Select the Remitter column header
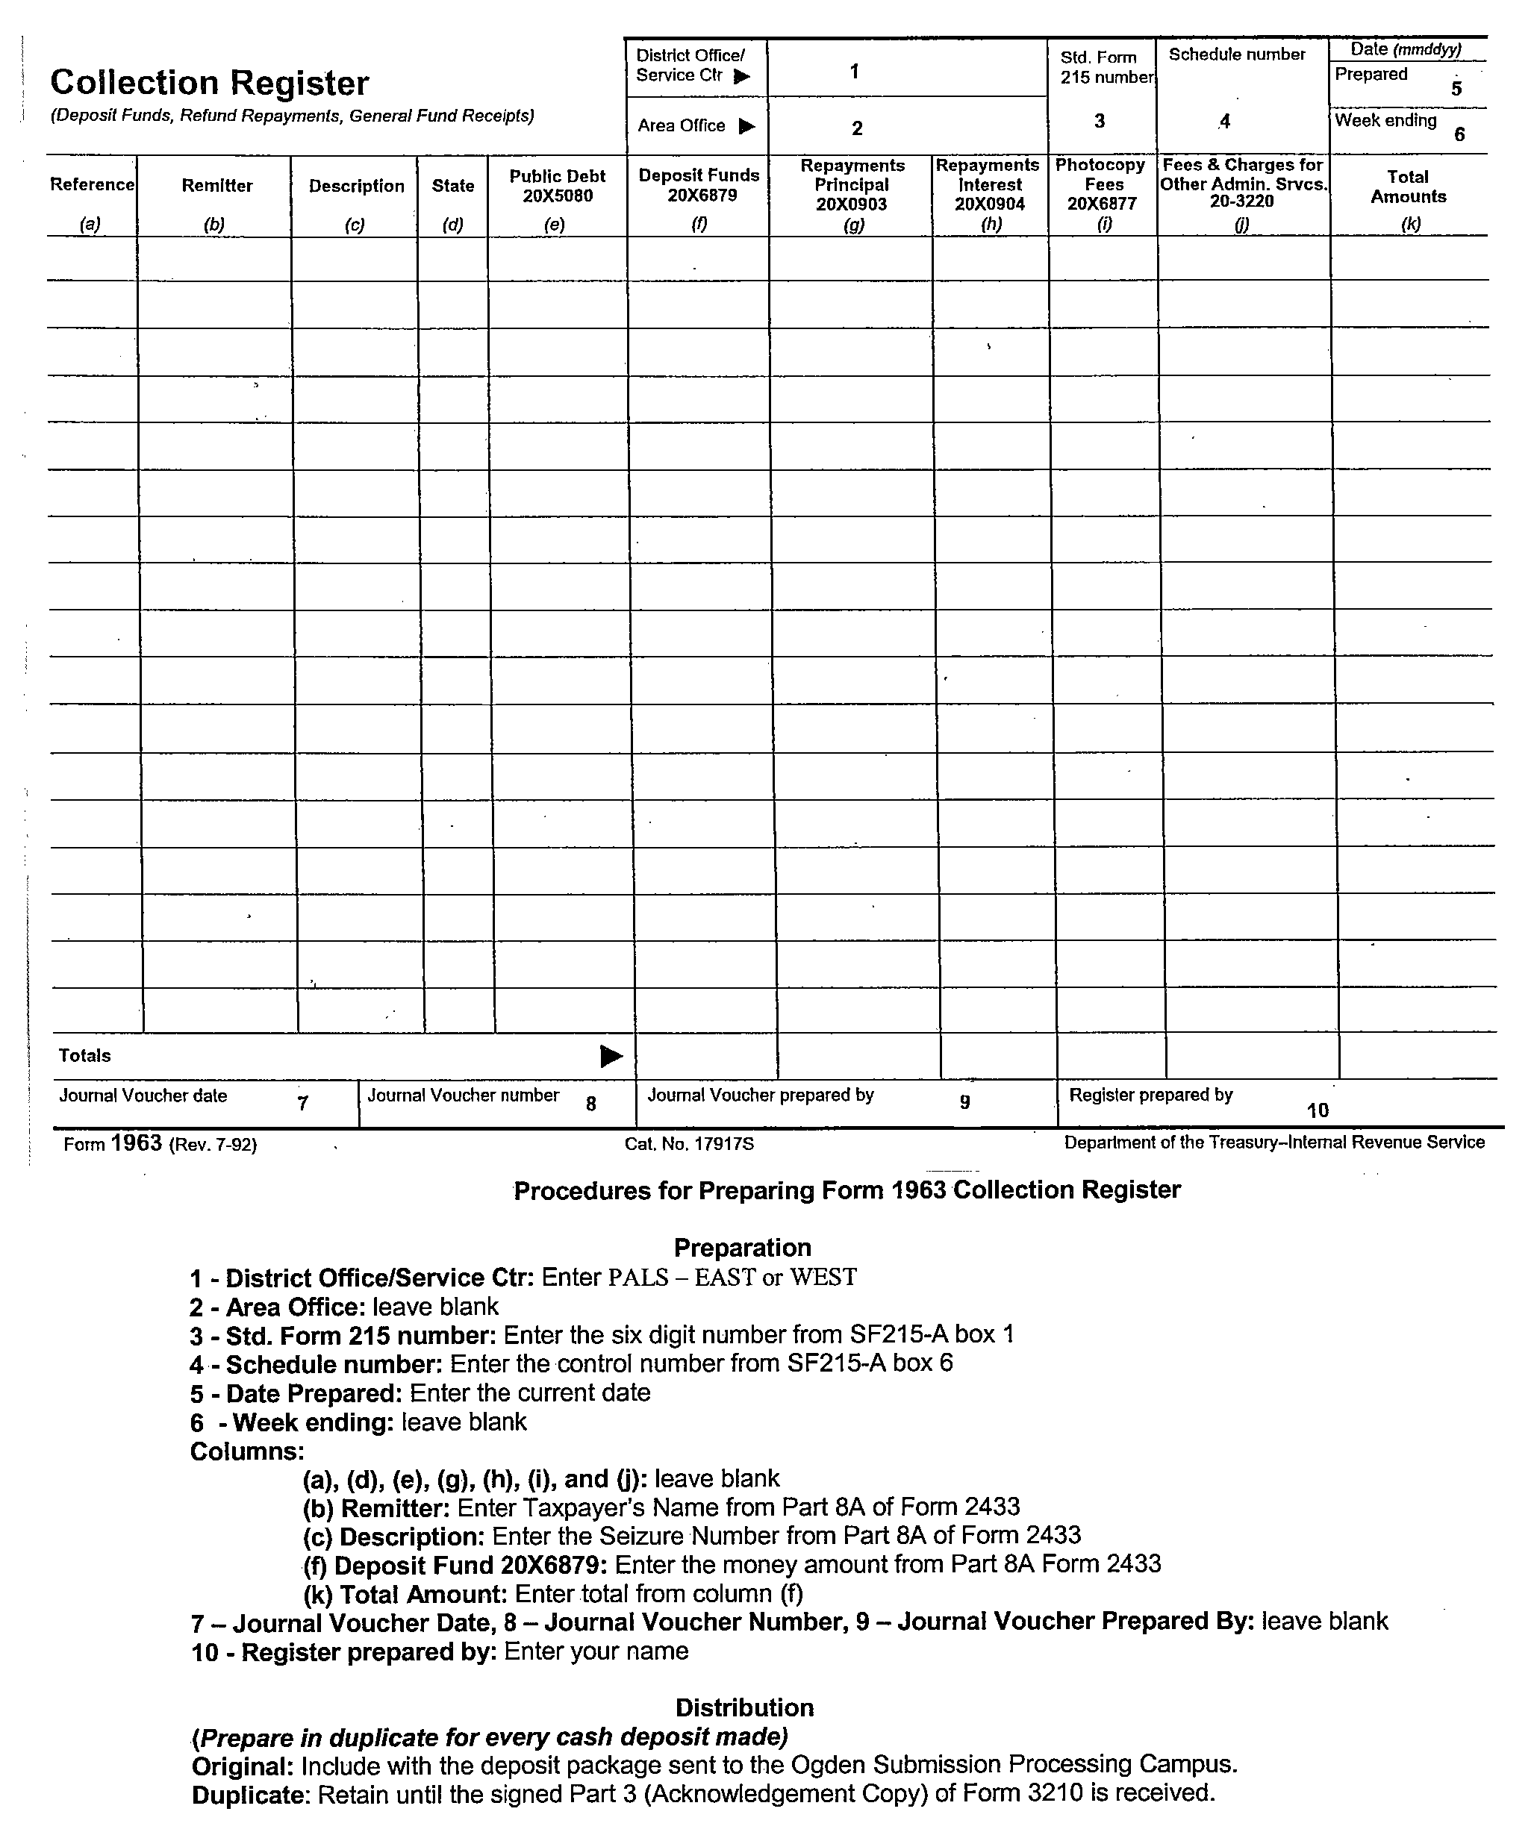216,186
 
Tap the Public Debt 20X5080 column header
558,186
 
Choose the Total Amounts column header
1408,187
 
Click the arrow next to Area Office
747,126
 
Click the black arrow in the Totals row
611,1057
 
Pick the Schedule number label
1236,54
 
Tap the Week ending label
1385,121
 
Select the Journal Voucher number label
463,1095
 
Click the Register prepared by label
1150,1095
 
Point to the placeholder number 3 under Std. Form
1100,121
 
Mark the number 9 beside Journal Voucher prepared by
964,1103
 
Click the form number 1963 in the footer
137,1143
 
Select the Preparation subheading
742,1248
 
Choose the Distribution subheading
744,1707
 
